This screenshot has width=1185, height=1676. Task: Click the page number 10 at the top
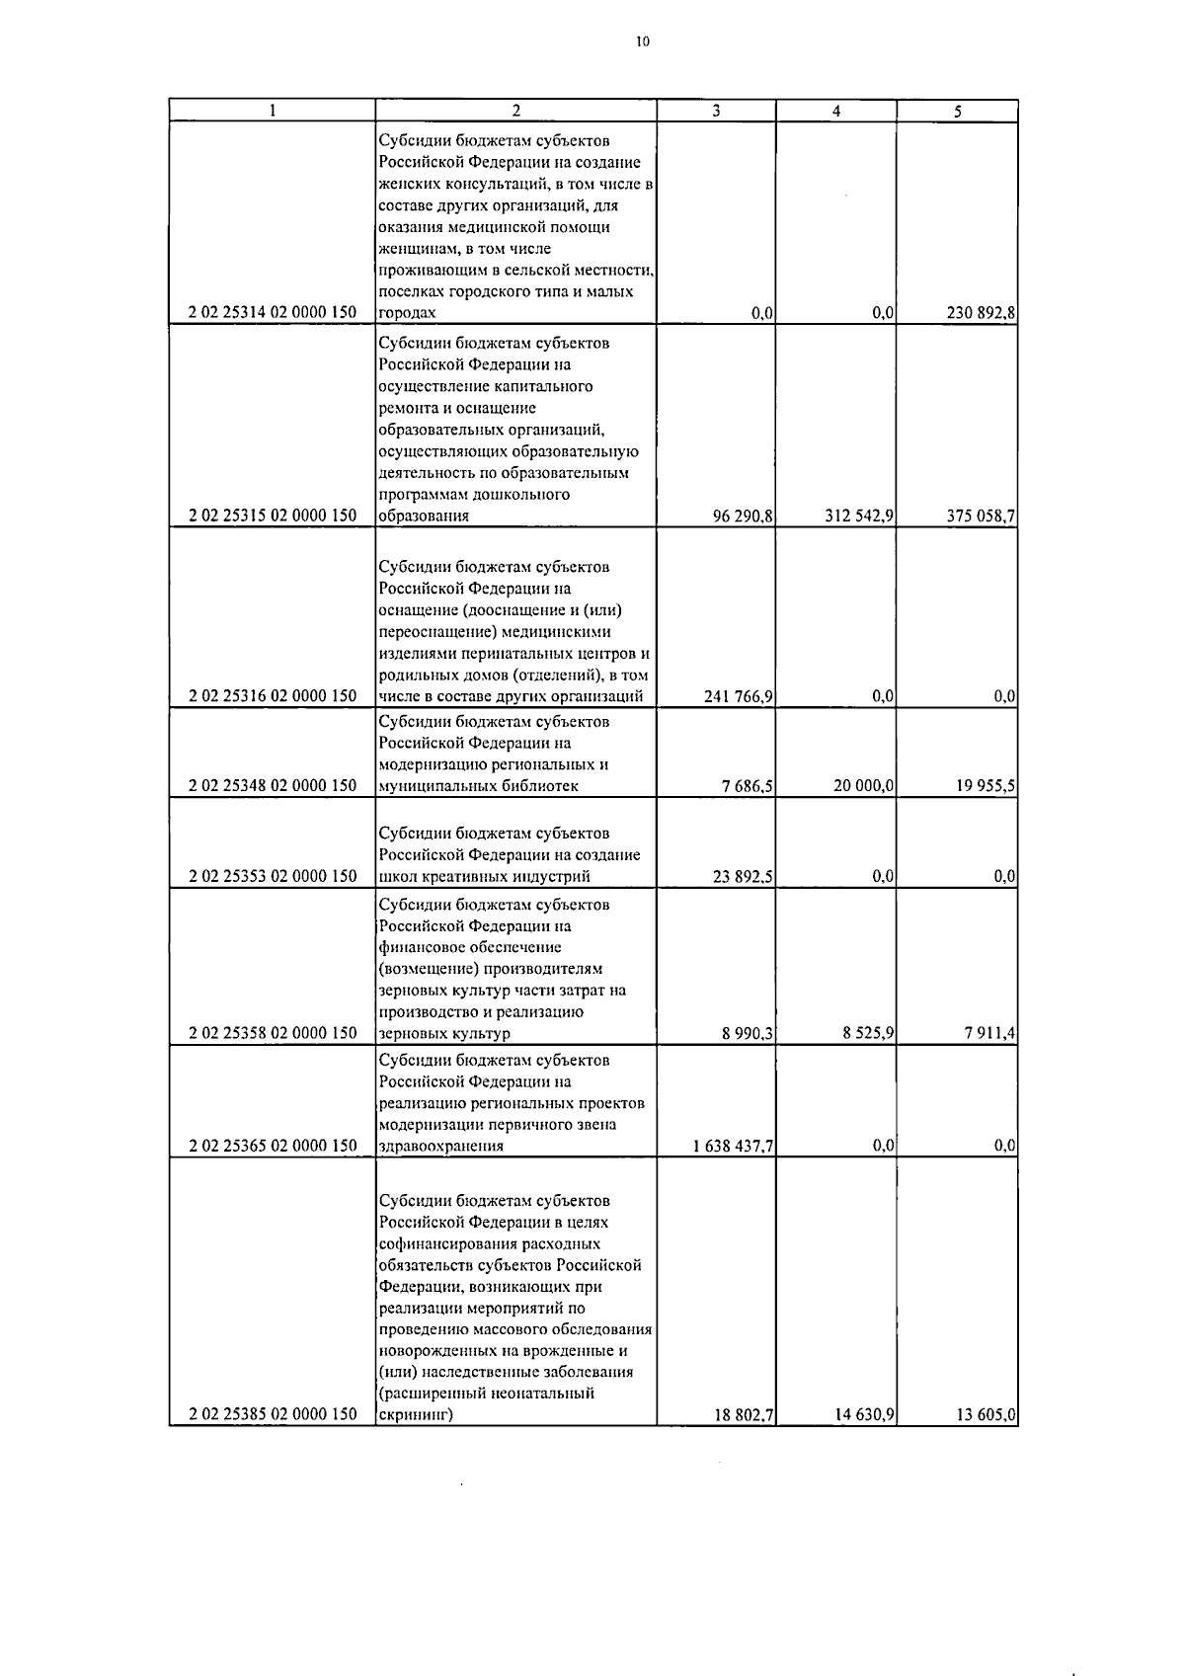coord(643,41)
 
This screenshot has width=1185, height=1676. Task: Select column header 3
coord(716,112)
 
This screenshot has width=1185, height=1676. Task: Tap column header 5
coord(957,112)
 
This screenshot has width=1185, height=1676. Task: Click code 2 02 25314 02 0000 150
coord(273,313)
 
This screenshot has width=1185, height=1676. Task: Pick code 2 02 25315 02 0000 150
coord(273,516)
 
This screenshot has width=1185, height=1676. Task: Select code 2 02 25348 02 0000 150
coord(273,786)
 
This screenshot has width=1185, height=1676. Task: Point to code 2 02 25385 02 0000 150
coord(273,1414)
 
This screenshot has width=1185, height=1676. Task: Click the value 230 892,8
coord(981,313)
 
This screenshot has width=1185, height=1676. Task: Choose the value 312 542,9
coord(859,516)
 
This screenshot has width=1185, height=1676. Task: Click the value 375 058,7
coord(981,516)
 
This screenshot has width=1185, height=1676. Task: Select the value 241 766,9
coord(739,696)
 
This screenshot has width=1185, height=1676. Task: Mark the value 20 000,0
coord(863,786)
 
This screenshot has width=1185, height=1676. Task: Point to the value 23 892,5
coord(743,876)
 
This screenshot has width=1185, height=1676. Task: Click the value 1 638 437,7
coord(733,1146)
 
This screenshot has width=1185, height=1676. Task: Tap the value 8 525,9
coord(868,1034)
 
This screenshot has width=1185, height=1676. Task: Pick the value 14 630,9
coord(863,1414)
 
